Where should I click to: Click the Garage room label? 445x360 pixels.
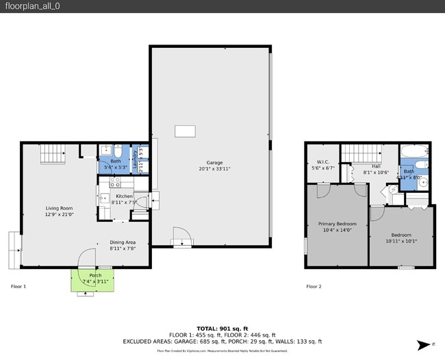[214, 163]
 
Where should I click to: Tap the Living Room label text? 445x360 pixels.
[59, 208]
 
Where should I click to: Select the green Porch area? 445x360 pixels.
[92, 280]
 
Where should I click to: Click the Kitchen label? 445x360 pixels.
[124, 196]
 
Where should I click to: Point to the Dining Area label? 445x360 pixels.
[123, 242]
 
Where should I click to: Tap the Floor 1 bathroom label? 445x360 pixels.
[115, 162]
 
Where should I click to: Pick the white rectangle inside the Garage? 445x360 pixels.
[185, 131]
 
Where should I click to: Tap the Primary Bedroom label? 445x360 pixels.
[337, 224]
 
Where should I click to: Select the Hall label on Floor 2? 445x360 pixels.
[376, 166]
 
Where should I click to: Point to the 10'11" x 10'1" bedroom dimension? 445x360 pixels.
[400, 241]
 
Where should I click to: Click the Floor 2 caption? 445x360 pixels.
[314, 286]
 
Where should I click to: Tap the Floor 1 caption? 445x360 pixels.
[18, 286]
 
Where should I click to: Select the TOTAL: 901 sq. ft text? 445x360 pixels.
[222, 329]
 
